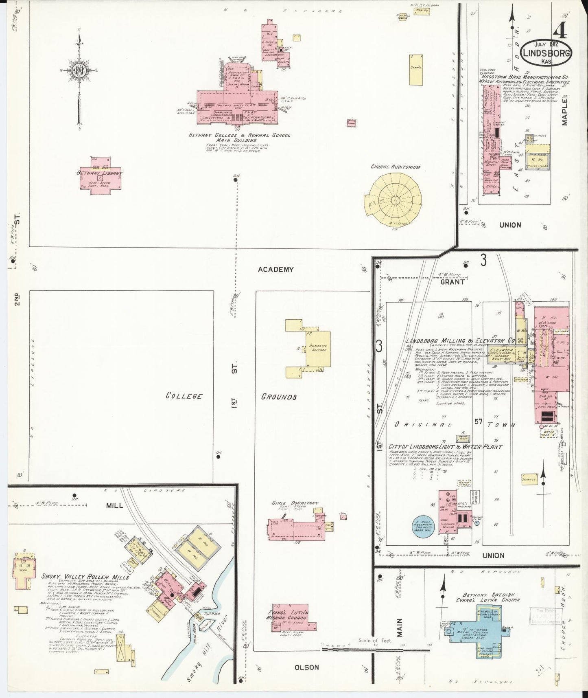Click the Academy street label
(x=275, y=270)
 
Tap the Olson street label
(x=306, y=667)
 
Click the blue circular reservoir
(x=423, y=525)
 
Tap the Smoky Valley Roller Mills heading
(x=85, y=577)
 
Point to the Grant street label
(x=452, y=281)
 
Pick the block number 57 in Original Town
(x=478, y=422)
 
